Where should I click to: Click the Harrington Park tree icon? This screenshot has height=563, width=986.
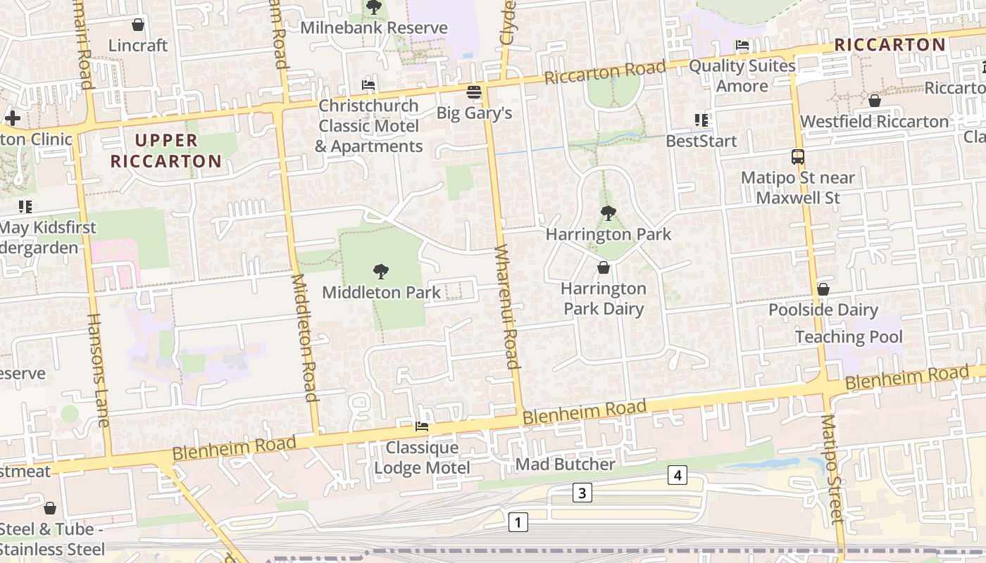(608, 213)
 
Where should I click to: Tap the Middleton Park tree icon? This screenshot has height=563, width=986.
(381, 271)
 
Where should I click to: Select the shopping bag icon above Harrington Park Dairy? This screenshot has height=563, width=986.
(603, 267)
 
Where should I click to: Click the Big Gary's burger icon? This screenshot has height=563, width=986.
(474, 91)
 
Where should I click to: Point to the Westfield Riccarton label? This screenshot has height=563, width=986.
(874, 121)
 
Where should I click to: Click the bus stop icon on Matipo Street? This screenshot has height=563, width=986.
(797, 157)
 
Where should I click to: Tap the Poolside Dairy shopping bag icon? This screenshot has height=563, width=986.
(823, 289)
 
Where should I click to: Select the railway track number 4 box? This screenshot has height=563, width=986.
(677, 476)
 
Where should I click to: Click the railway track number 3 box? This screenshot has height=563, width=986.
(582, 493)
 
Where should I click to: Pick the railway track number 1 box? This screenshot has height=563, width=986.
(518, 522)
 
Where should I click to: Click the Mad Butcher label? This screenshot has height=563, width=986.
(565, 464)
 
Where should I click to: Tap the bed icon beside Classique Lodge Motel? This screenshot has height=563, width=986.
(422, 426)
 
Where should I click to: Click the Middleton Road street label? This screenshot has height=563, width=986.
(305, 338)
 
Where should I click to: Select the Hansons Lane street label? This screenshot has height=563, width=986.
(98, 369)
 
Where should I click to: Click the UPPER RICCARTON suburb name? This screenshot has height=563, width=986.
(166, 151)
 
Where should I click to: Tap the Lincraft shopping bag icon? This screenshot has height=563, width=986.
(138, 25)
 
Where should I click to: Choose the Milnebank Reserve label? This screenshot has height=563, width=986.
(374, 28)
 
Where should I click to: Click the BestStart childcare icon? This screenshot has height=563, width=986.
(701, 120)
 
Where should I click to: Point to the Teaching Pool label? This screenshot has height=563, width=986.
(849, 336)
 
